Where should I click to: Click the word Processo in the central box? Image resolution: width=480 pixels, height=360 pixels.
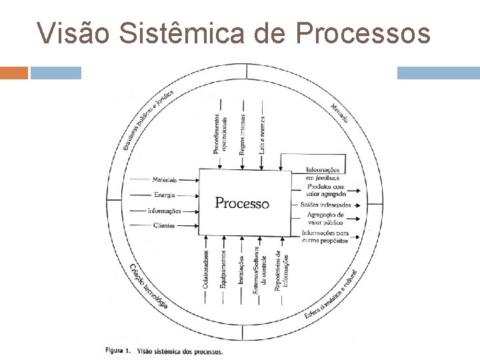point(242,203)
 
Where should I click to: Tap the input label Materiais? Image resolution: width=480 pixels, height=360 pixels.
point(164,180)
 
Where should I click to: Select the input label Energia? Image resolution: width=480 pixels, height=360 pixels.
point(164,195)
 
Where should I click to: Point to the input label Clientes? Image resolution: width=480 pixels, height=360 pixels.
point(164,226)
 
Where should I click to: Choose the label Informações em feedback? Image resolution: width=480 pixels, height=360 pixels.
point(323,175)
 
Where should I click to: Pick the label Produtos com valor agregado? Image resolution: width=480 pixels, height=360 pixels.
point(325,190)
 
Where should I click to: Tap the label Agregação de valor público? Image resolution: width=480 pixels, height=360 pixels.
point(325,219)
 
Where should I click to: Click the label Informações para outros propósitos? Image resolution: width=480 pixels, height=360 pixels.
point(325,236)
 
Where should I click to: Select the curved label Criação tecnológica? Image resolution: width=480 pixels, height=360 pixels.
point(148,287)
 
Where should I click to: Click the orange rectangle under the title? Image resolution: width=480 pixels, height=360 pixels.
point(14,73)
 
